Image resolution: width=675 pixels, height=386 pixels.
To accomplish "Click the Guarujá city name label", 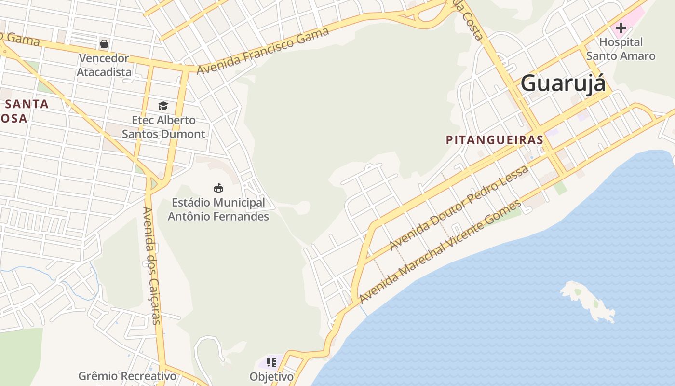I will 563,83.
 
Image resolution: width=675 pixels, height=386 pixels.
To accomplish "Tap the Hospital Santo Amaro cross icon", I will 621,28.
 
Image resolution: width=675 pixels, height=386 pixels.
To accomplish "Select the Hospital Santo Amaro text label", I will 621,49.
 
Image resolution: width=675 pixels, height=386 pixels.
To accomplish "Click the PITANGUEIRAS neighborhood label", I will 495,140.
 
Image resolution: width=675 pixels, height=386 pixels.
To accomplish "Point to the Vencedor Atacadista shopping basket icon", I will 104,44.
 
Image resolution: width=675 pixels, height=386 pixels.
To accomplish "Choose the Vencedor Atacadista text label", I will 104,65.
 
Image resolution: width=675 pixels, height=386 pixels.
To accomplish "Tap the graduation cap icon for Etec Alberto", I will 163,106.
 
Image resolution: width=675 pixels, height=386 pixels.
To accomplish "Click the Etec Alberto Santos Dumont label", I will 163,127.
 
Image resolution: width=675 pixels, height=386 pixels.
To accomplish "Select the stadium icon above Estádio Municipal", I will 218,188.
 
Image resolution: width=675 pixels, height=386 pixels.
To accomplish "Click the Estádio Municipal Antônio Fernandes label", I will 218,209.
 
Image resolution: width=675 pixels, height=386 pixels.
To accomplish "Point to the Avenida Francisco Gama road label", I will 263,51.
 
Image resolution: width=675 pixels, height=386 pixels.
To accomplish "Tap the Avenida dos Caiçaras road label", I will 151,265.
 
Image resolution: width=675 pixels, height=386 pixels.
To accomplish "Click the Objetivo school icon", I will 271,362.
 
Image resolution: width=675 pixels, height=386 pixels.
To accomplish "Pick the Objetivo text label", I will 271,376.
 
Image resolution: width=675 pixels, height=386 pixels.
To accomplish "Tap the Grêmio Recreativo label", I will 127,376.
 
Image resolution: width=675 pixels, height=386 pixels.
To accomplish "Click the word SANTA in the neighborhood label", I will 27,104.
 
